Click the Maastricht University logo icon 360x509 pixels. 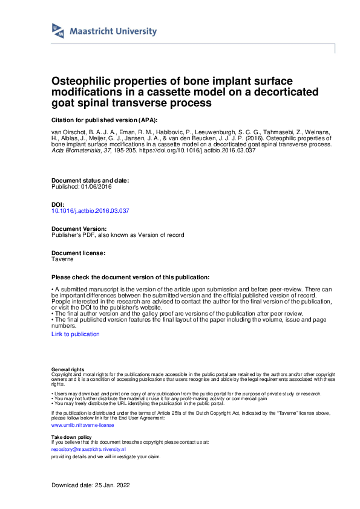point(58,31)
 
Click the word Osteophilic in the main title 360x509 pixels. point(80,81)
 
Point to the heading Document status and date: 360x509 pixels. point(90,180)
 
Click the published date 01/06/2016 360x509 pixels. point(96,186)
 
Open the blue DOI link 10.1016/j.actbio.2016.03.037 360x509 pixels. point(91,211)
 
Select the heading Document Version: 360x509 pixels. point(80,229)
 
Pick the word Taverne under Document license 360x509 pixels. point(62,259)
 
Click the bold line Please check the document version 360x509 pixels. point(131,277)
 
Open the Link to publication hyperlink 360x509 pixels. point(76,334)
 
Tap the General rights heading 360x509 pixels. point(68,369)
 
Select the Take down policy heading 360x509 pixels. point(71,436)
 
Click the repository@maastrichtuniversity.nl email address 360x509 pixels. point(88,450)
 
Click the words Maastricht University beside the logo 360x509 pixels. point(114,31)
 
